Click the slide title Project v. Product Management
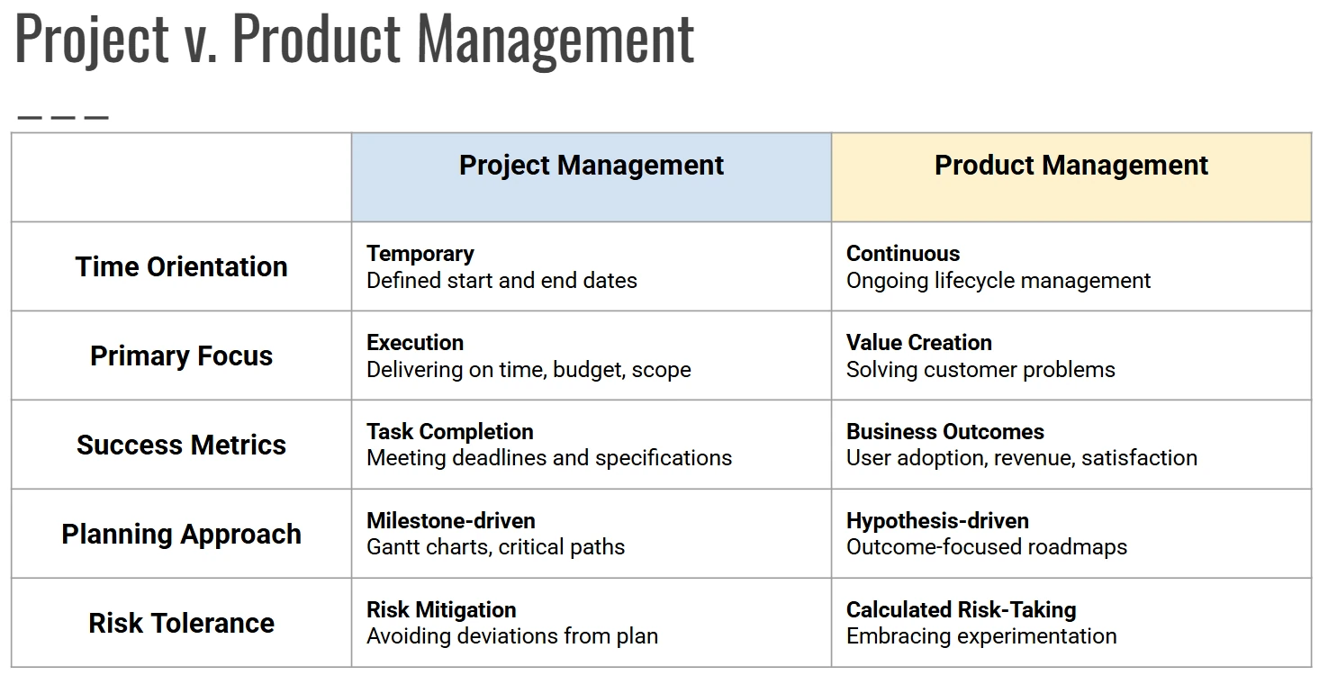click(355, 40)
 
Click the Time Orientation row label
click(181, 266)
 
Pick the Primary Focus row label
click(181, 355)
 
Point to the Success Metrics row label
click(181, 445)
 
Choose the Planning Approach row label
click(181, 534)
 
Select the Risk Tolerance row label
click(181, 623)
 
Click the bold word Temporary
click(420, 254)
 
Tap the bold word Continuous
click(903, 254)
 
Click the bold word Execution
click(415, 343)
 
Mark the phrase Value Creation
click(919, 343)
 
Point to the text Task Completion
click(450, 432)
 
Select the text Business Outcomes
click(945, 432)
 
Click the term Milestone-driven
click(451, 521)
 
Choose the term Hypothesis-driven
click(938, 521)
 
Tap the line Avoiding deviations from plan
click(512, 636)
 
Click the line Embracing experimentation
click(981, 636)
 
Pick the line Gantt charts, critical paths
click(495, 547)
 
